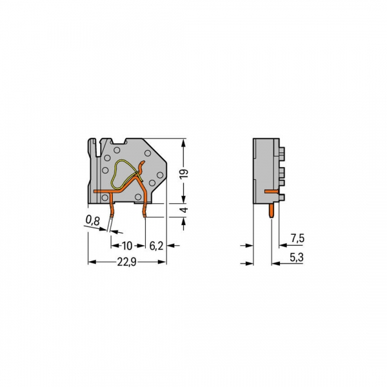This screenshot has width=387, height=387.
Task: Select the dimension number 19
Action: (x=184, y=172)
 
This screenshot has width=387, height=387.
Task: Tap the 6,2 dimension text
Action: (x=156, y=246)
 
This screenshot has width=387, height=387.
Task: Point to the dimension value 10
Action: (x=127, y=246)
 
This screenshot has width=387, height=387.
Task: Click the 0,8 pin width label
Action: (x=93, y=221)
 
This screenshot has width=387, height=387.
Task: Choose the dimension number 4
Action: (x=184, y=210)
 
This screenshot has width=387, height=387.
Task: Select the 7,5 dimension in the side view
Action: (x=297, y=238)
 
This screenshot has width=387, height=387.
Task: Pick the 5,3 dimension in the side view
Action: (x=297, y=256)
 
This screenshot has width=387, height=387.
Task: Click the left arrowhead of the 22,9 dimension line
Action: (x=90, y=263)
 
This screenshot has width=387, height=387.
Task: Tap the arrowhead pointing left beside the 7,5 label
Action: (x=283, y=246)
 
